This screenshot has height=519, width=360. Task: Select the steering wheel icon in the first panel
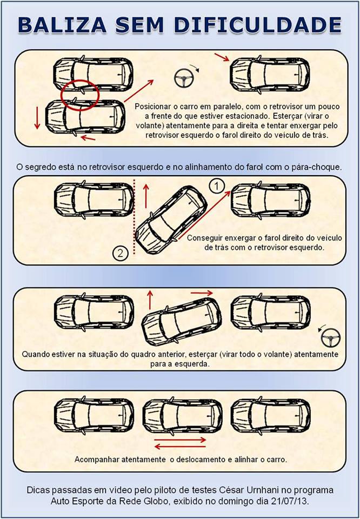coord(183,79)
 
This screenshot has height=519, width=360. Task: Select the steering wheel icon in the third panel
coord(329,338)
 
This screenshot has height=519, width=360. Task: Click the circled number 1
coord(216,187)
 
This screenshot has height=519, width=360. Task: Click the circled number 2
coord(121,252)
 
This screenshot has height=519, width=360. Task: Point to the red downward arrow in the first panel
coord(37,118)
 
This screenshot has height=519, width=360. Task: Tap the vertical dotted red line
coord(132,222)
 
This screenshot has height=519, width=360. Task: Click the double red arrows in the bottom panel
coord(180,443)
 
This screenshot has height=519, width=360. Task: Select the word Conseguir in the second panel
coord(204,238)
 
